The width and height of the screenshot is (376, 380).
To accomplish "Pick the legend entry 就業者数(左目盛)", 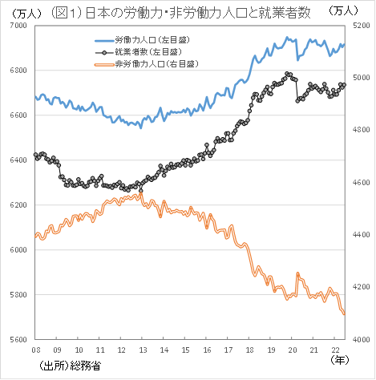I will [152, 51].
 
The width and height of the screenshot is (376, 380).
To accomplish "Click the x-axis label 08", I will [35, 350].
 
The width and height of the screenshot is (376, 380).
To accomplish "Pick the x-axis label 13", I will [142, 350].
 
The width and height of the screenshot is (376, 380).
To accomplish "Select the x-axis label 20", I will [291, 350].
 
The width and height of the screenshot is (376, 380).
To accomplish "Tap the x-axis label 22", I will [334, 350].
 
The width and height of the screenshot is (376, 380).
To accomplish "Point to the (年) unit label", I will [342, 361].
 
